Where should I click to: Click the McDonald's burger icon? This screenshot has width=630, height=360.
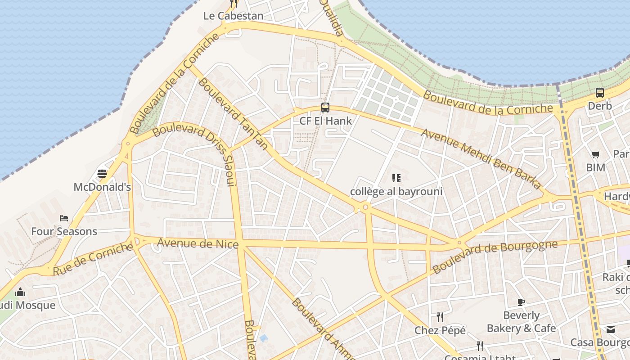point(102,174)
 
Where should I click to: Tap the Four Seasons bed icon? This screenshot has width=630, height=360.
point(64,218)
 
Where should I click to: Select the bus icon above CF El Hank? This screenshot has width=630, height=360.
point(325,108)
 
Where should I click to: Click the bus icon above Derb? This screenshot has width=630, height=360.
point(599,93)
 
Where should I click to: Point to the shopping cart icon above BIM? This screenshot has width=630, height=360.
point(595,155)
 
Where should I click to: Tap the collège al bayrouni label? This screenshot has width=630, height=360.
point(396,192)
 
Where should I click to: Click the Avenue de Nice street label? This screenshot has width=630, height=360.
point(198,244)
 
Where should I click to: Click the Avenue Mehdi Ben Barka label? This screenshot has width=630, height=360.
point(481,158)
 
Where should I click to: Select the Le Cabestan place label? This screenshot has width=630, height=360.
point(233,16)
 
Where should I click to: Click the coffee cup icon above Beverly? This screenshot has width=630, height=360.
point(521,302)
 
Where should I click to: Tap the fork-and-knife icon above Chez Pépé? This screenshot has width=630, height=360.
point(440,317)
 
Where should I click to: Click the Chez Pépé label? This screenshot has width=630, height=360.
point(440,330)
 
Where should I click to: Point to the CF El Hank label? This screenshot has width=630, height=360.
point(325,121)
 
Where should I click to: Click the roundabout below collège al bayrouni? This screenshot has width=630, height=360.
point(365,207)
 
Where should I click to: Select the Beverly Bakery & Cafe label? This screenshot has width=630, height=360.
point(521,322)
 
